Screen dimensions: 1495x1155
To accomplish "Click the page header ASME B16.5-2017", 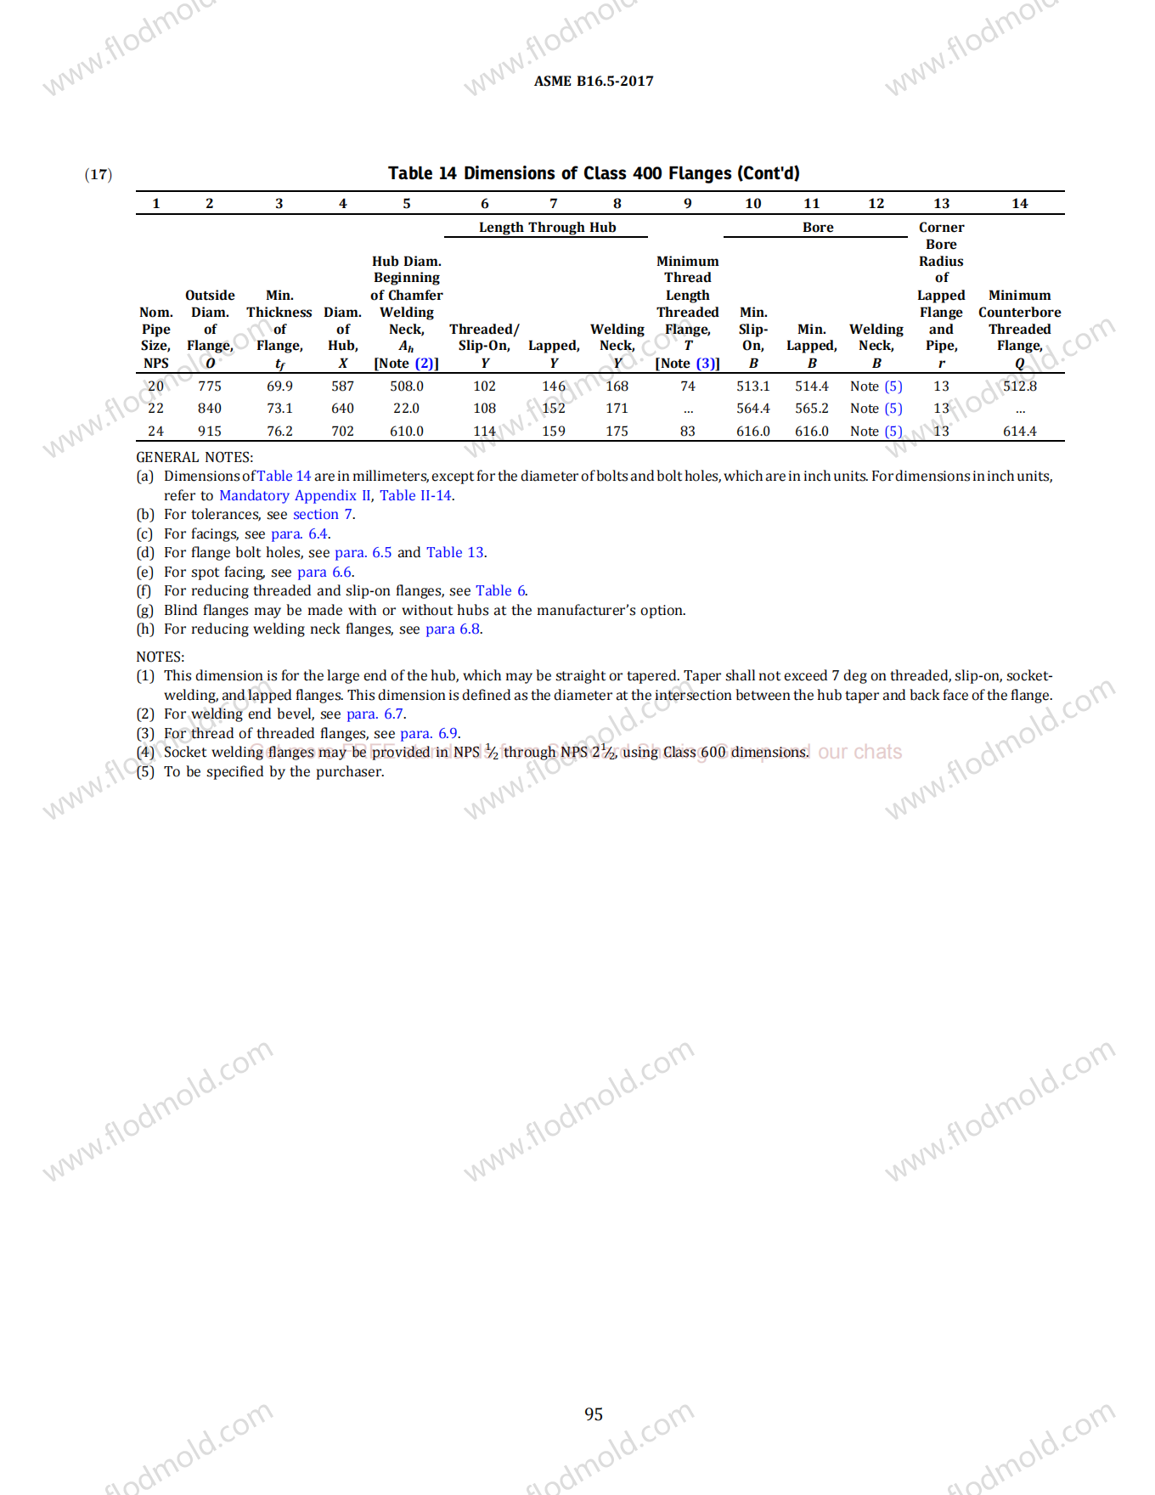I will pyautogui.click(x=594, y=82).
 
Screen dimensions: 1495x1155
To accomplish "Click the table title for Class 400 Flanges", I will pyautogui.click(x=594, y=173).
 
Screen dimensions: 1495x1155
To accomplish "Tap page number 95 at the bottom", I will pyautogui.click(x=594, y=1414).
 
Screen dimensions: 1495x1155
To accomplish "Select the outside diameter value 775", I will pyautogui.click(x=210, y=386).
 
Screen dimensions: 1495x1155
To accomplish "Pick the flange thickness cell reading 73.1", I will pyautogui.click(x=279, y=409).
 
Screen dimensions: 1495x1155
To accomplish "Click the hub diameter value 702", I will pyautogui.click(x=342, y=432).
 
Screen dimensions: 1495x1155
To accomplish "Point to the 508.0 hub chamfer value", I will pyautogui.click(x=406, y=386).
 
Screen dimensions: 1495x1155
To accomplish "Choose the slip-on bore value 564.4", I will pyautogui.click(x=752, y=409).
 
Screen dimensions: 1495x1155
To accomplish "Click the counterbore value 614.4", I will pyautogui.click(x=1019, y=432).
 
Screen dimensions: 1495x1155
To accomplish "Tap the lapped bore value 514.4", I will pyautogui.click(x=811, y=386).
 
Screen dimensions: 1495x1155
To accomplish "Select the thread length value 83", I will pyautogui.click(x=687, y=432).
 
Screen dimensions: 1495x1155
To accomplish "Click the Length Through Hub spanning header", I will pyautogui.click(x=547, y=228).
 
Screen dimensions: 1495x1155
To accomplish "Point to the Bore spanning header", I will pyautogui.click(x=818, y=228).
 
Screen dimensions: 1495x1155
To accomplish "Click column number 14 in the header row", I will pyautogui.click(x=1019, y=204).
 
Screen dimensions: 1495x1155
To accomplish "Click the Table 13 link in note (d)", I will pyautogui.click(x=455, y=552).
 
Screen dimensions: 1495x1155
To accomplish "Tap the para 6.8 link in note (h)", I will pyautogui.click(x=453, y=629).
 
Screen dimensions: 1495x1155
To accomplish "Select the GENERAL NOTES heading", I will pyautogui.click(x=194, y=457).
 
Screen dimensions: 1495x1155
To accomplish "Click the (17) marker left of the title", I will pyautogui.click(x=99, y=175).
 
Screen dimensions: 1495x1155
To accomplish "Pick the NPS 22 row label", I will pyautogui.click(x=155, y=409).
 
